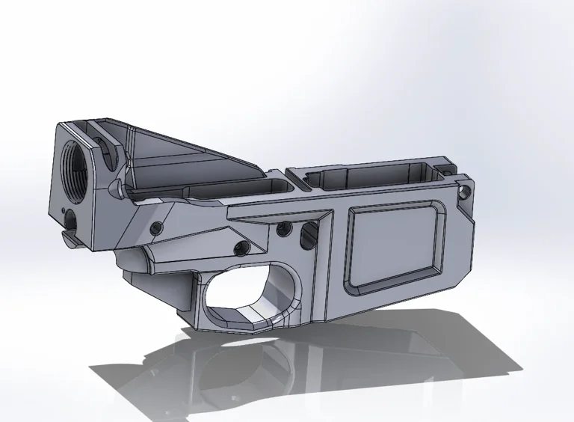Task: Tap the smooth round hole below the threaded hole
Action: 70,216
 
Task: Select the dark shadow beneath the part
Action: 314,374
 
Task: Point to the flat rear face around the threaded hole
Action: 64,187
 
